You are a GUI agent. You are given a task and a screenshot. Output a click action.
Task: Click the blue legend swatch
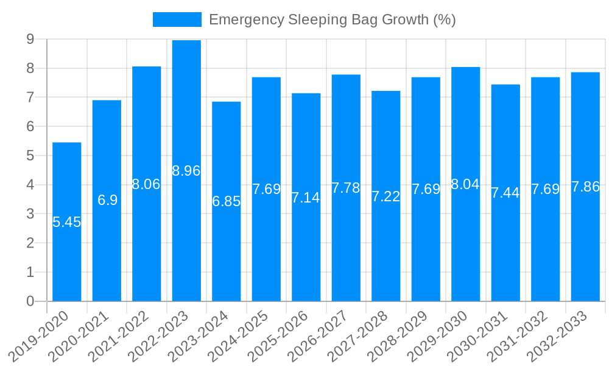pos(177,20)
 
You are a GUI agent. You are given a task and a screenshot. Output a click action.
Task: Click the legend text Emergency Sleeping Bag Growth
pos(332,20)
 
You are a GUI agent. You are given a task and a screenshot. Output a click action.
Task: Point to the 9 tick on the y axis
pos(30,39)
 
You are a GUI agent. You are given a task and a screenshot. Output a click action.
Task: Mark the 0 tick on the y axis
pos(30,301)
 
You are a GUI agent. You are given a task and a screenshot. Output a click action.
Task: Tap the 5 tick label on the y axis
pos(30,156)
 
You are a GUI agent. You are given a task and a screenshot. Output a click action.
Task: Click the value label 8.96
pos(186,171)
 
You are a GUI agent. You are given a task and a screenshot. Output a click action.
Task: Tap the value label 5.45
pos(66,222)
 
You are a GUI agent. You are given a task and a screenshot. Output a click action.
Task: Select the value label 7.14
pos(306,198)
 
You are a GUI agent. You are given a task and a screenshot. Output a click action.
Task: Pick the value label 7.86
pos(585,187)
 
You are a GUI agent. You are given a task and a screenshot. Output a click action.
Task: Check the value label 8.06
pos(146,184)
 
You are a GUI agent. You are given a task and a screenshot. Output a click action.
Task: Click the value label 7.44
pos(505,193)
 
